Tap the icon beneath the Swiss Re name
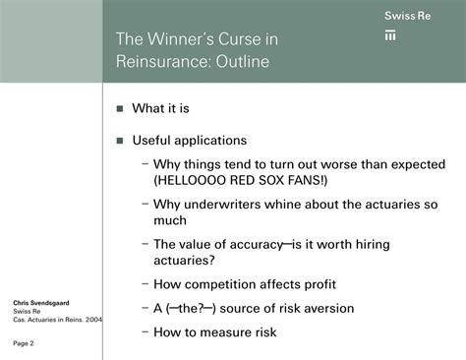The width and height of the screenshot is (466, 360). pos(390,36)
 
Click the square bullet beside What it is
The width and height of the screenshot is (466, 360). pos(120,109)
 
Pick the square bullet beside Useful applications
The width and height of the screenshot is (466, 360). pos(120,140)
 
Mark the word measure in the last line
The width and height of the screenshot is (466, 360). pos(235,331)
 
